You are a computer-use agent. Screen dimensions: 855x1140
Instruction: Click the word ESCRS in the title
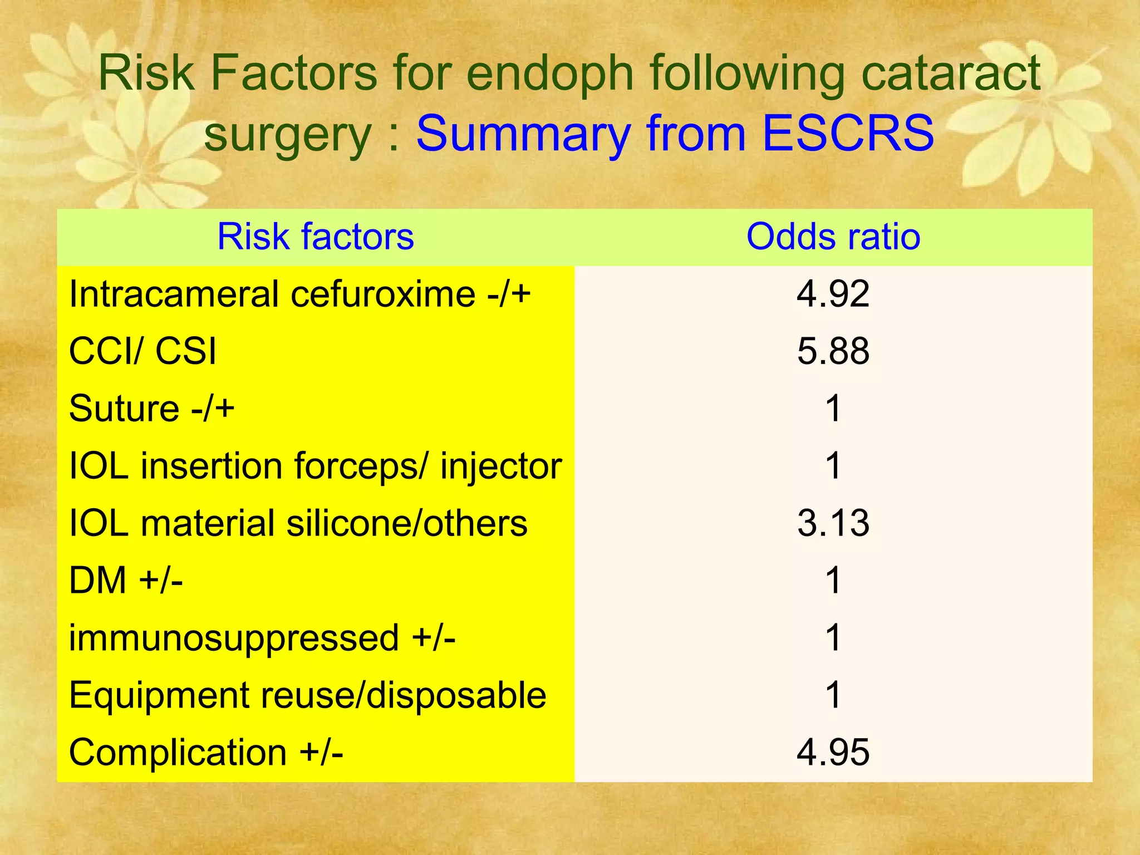click(848, 133)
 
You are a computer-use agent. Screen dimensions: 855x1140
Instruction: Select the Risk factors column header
click(316, 237)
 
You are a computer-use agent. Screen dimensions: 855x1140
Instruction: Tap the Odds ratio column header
click(833, 237)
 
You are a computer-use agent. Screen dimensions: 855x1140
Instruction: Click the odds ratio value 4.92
click(833, 294)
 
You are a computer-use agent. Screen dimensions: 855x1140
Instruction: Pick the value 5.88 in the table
click(833, 351)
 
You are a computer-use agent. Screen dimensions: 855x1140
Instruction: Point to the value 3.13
click(833, 523)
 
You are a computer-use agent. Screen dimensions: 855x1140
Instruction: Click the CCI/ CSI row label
click(142, 351)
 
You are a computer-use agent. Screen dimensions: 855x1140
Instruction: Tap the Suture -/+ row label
click(151, 409)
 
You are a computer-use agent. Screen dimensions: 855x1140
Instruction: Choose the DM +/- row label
click(126, 581)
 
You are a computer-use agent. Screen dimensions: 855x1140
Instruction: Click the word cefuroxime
click(382, 294)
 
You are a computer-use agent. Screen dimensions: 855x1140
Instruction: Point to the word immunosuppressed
click(234, 638)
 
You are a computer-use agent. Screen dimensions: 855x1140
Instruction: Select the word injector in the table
click(500, 466)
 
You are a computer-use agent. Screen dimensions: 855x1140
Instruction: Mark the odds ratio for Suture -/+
click(833, 409)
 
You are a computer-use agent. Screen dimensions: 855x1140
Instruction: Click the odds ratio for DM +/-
click(833, 581)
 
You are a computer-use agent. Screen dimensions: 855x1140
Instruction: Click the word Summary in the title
click(523, 133)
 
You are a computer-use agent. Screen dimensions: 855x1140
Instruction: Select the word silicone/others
click(406, 523)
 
